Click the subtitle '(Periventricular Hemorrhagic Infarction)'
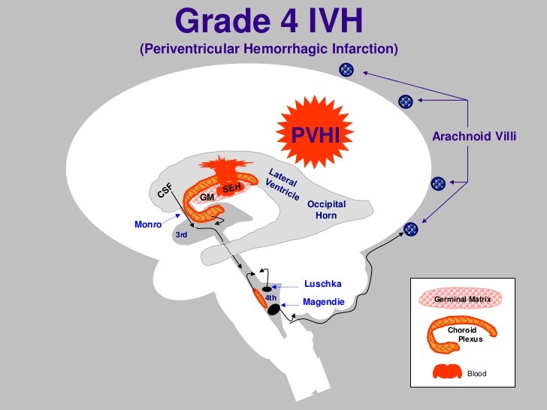[268, 50]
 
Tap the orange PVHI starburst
[316, 135]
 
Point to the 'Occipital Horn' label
[326, 210]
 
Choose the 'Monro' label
[147, 224]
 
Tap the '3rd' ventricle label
[180, 235]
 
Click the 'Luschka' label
[323, 284]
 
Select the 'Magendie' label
[323, 302]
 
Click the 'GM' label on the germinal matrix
[207, 197]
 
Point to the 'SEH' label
[231, 188]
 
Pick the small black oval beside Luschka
[266, 288]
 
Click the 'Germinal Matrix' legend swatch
[458, 299]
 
